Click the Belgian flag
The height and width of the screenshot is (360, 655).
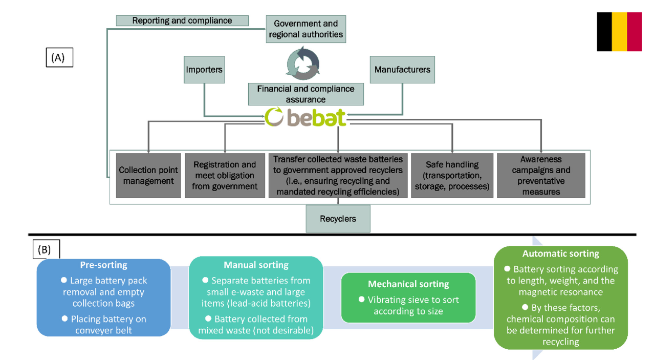[x=619, y=32]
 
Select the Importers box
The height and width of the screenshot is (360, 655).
[x=204, y=70]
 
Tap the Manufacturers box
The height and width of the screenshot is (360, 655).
[x=402, y=70]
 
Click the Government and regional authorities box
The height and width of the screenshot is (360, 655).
[x=305, y=29]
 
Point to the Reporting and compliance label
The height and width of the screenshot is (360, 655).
[x=182, y=21]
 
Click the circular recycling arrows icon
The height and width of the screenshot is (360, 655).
[x=302, y=64]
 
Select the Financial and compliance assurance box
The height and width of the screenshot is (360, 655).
[x=305, y=94]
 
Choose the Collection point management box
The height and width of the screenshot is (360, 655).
[x=148, y=176]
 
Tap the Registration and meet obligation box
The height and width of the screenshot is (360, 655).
[x=225, y=176]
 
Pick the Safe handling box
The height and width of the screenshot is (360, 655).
[x=452, y=176]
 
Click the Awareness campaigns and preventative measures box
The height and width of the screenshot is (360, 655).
[x=541, y=176]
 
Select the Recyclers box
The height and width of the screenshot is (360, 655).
[x=338, y=219]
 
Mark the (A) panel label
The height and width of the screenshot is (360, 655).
[x=59, y=57]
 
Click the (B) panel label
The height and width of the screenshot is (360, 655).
[x=46, y=250]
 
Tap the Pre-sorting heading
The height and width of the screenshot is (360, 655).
[x=103, y=265]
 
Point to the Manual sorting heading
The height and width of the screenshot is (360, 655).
[x=256, y=265]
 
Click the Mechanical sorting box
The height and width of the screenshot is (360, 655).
[x=408, y=298]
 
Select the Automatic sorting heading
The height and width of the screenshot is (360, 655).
[x=560, y=253]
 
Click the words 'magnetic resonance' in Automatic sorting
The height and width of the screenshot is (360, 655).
[x=560, y=292]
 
